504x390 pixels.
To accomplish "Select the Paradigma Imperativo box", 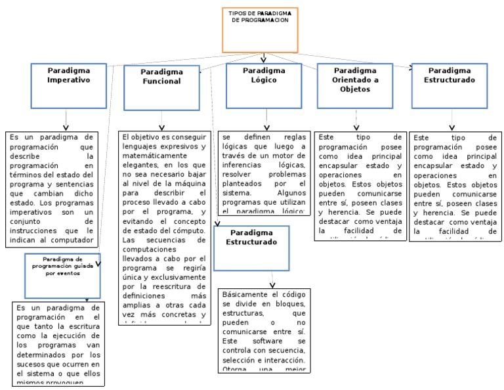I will (68, 85).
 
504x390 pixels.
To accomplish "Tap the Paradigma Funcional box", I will (161, 85).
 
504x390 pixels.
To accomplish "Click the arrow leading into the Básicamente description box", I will (273, 281).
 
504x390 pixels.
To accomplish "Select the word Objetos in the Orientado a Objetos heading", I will (355, 89).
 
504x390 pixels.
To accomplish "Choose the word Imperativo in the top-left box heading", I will (68, 79).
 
